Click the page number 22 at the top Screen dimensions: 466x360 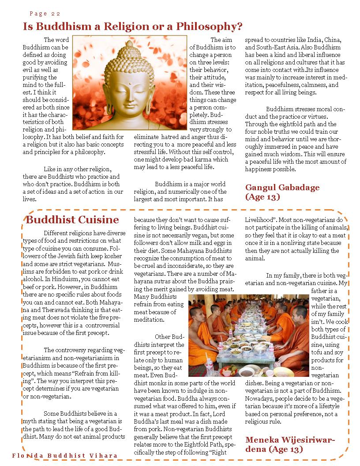56,14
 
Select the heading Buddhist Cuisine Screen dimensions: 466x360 72,220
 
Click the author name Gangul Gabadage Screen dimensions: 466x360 282,188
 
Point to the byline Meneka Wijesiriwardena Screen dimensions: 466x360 290,440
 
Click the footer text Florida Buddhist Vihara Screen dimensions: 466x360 65,455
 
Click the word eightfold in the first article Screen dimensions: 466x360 298,124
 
